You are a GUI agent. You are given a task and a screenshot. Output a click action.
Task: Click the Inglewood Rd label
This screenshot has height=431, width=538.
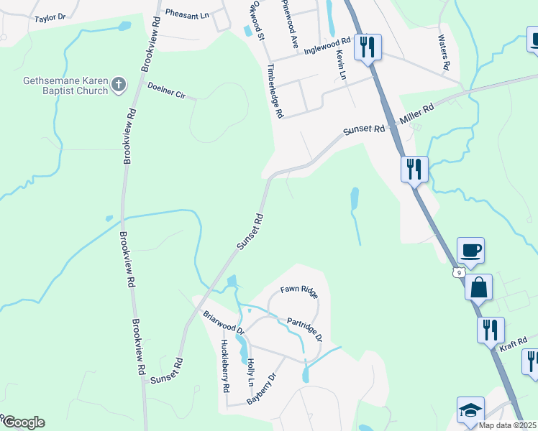(327, 47)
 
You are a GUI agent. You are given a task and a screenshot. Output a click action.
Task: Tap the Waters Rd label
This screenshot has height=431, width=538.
(444, 55)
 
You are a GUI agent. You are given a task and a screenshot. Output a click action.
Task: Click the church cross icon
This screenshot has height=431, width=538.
(119, 86)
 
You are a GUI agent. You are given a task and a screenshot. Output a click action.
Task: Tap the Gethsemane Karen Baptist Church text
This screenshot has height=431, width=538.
(65, 86)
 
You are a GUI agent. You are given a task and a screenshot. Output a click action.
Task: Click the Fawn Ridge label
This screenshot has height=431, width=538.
(298, 289)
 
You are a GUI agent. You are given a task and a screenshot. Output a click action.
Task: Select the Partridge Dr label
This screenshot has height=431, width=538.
(304, 328)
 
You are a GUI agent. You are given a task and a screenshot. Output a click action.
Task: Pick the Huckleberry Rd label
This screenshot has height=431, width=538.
(224, 366)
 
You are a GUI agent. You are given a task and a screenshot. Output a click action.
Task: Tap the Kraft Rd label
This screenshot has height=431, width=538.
(514, 346)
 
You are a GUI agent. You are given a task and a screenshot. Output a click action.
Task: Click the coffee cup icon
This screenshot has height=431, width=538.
(470, 250)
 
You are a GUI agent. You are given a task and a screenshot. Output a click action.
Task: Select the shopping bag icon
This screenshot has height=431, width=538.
(479, 287)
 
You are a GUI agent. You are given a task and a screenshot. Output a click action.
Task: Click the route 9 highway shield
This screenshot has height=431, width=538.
(458, 272)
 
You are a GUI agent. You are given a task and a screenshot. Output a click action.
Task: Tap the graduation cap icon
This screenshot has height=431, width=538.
(470, 410)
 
